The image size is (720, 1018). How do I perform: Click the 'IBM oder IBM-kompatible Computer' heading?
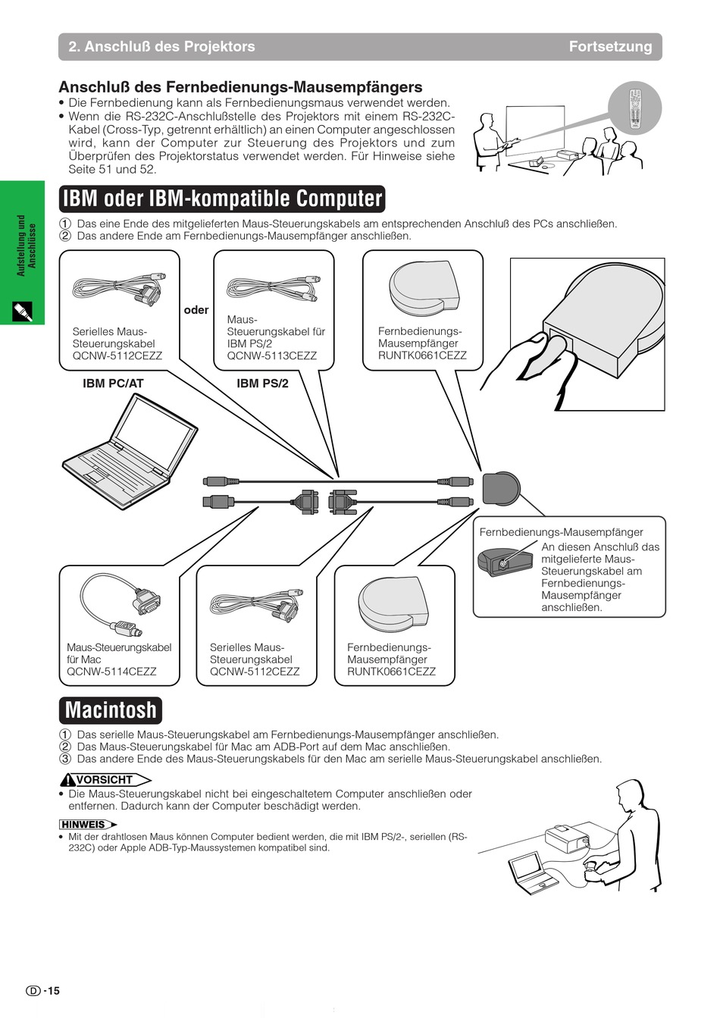(x=222, y=199)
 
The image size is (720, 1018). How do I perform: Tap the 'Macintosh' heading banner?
(x=111, y=710)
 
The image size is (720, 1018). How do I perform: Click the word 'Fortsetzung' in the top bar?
(x=610, y=46)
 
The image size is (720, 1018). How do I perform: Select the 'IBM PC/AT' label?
(x=113, y=384)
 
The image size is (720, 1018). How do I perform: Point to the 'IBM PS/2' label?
(x=262, y=384)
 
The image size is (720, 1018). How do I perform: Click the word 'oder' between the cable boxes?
(x=196, y=310)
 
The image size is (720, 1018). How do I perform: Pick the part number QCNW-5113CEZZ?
(x=271, y=356)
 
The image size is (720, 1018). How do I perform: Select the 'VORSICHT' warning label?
(x=105, y=780)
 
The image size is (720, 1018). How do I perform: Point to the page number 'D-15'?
(x=43, y=991)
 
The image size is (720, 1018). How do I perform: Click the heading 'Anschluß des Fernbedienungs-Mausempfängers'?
(x=240, y=87)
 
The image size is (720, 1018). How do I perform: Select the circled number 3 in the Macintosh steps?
(x=65, y=759)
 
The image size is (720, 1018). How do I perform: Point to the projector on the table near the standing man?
(x=567, y=838)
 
